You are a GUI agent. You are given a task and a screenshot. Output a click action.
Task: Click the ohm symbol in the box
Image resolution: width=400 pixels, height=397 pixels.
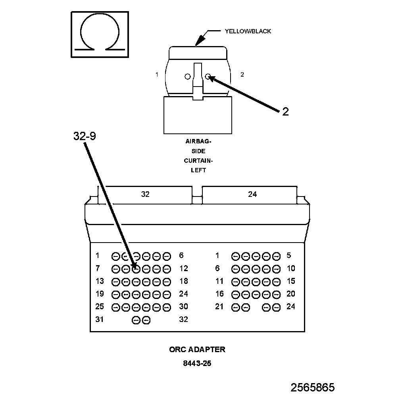tap(100, 34)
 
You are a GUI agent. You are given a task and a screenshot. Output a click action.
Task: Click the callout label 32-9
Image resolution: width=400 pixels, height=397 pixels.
tap(85, 136)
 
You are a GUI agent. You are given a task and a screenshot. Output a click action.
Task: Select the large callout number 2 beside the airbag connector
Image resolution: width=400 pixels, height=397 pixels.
tap(285, 112)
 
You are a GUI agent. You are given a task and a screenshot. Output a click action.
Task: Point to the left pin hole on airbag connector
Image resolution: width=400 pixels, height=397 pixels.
tap(187, 77)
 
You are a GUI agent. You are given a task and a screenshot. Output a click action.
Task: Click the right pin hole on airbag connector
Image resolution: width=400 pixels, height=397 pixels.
tap(208, 76)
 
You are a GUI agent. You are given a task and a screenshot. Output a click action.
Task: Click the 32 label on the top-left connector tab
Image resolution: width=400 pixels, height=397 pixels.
tap(145, 194)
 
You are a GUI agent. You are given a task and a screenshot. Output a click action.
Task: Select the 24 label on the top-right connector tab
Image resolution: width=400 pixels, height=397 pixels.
tap(252, 194)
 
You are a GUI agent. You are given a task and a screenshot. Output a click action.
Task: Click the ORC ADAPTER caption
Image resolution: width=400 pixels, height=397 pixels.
tap(197, 349)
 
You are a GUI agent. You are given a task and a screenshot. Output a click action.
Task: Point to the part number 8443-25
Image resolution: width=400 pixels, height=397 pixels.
tap(197, 363)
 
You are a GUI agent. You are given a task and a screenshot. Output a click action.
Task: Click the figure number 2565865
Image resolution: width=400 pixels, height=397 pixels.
tap(312, 387)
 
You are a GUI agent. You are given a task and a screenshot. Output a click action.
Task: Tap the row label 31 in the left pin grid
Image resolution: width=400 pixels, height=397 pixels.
tap(99, 319)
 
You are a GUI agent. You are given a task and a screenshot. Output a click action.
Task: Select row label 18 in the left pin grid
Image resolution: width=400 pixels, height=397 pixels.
tap(183, 281)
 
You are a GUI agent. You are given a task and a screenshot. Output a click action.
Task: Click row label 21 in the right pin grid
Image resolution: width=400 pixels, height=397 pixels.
tap(219, 306)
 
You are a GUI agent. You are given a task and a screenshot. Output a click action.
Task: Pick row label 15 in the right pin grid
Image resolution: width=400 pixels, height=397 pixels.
tap(291, 281)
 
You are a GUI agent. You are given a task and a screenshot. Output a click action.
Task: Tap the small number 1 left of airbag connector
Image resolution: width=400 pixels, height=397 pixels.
tap(157, 74)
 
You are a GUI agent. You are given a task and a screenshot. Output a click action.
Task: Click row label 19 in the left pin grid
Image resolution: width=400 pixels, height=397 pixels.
tap(99, 294)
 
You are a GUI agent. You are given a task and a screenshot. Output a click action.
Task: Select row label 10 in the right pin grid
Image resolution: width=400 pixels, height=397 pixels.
tap(291, 268)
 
